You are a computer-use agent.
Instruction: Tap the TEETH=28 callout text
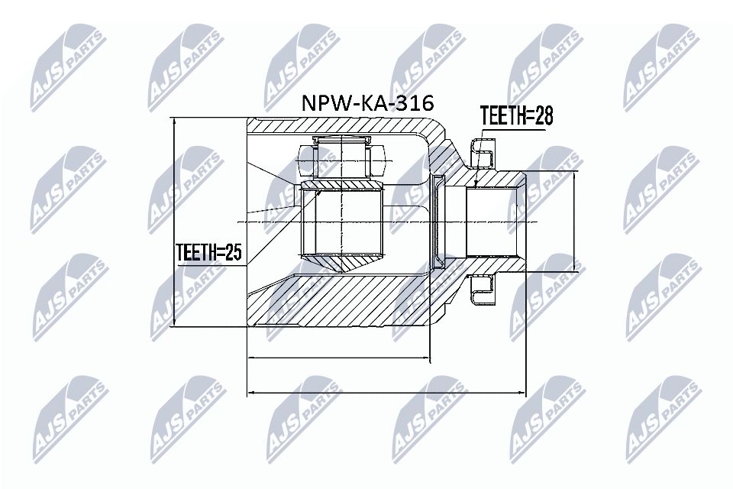click(515, 115)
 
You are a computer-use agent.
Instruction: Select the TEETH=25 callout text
click(208, 253)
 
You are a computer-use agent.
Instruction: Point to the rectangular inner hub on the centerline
click(341, 222)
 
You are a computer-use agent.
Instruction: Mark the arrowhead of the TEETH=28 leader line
click(476, 185)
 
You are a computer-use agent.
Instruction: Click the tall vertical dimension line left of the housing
click(175, 222)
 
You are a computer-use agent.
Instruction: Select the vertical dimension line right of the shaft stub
click(574, 221)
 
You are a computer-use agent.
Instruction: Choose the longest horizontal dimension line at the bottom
click(387, 393)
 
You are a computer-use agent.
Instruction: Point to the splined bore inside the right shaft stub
click(492, 222)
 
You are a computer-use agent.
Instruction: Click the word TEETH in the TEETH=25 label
click(195, 253)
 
